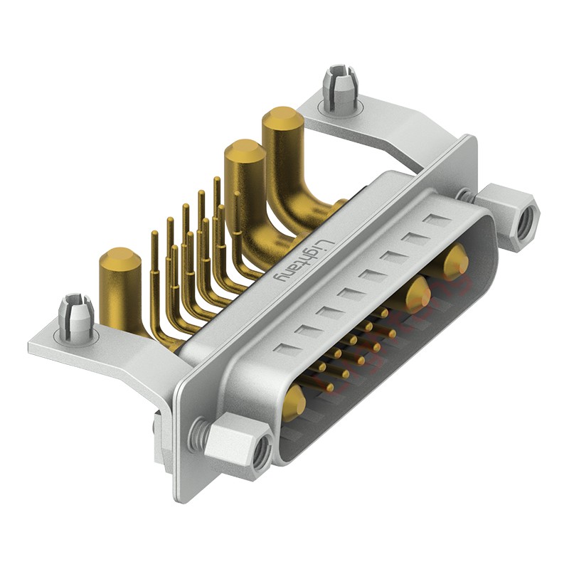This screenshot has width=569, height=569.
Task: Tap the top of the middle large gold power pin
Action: click(245, 150)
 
